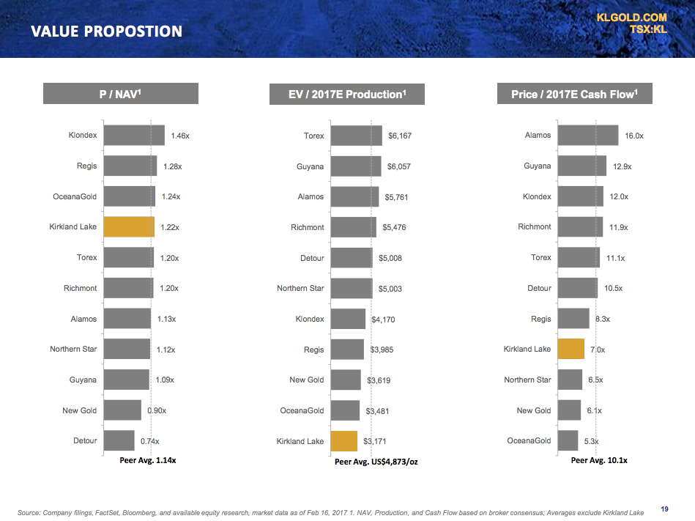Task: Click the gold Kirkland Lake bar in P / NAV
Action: click(x=129, y=227)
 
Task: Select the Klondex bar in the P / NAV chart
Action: click(x=134, y=136)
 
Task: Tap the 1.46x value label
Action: click(x=180, y=136)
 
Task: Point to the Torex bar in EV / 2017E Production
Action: click(x=356, y=136)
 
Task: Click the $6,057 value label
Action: click(x=399, y=166)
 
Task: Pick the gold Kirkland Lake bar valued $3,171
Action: click(x=343, y=441)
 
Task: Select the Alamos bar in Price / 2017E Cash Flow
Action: click(x=587, y=136)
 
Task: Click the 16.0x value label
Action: click(x=634, y=136)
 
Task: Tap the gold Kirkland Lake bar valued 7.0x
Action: click(x=571, y=350)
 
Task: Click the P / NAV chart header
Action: click(x=121, y=94)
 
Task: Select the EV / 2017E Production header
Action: click(x=347, y=94)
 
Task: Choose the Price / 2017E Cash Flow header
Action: click(x=574, y=94)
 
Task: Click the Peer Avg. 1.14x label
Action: click(x=148, y=460)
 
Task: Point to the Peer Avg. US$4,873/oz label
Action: click(x=376, y=462)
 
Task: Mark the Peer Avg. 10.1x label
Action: click(x=599, y=460)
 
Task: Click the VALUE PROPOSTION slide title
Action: click(x=106, y=32)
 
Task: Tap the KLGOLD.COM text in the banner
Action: click(x=631, y=17)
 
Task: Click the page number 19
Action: click(x=664, y=509)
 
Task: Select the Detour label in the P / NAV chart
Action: click(x=85, y=441)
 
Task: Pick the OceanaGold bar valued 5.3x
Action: click(x=568, y=441)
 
